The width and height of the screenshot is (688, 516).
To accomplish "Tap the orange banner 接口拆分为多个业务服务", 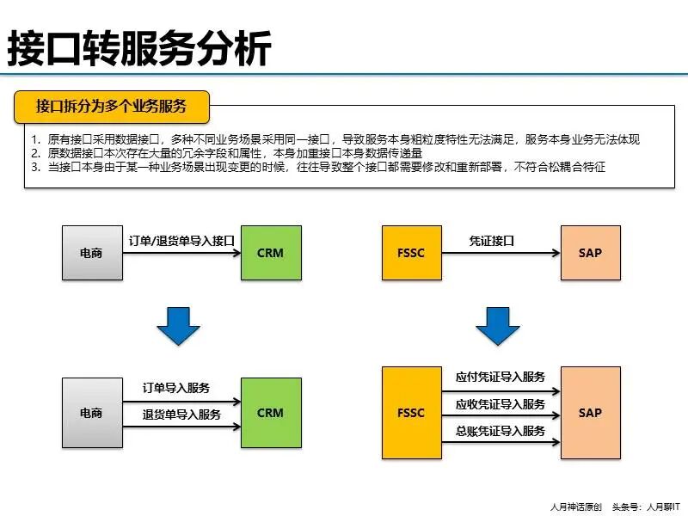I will [112, 106].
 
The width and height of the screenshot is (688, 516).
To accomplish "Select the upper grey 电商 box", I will [91, 253].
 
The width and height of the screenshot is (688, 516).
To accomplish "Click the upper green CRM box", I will [270, 253].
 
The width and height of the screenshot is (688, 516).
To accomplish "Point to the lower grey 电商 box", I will [91, 413].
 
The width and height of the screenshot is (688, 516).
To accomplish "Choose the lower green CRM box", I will [270, 413].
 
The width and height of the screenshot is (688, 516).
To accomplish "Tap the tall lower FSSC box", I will [411, 413].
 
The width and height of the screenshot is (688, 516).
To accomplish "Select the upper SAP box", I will [590, 253].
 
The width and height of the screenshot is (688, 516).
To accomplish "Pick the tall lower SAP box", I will [590, 413].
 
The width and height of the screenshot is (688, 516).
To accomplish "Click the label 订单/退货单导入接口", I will [181, 241].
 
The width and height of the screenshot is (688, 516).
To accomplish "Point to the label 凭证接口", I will [491, 241].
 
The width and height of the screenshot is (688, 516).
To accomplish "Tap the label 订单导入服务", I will [176, 388].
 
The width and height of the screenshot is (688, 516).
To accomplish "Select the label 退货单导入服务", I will [181, 415].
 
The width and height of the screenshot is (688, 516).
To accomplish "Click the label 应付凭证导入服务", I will [500, 377].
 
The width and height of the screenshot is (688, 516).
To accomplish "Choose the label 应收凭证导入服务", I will [500, 403].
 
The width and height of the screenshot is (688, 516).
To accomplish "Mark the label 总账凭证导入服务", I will [500, 431].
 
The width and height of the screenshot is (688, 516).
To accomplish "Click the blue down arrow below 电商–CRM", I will [179, 325].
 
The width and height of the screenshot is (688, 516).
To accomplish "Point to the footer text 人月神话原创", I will [575, 507].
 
